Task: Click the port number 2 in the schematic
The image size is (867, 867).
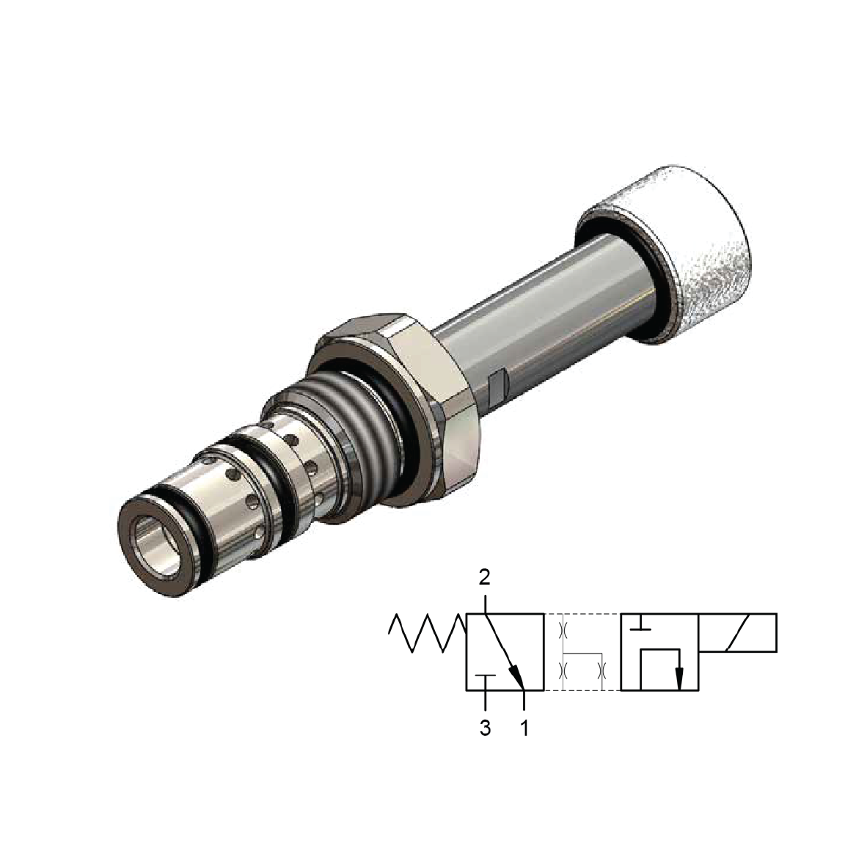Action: click(484, 577)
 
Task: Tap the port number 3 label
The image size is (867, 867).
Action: click(485, 729)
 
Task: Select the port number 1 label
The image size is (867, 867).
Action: click(524, 729)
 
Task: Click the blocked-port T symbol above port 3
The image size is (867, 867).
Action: click(485, 676)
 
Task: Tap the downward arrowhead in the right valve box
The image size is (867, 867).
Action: click(678, 679)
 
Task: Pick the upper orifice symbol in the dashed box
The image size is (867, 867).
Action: click(564, 629)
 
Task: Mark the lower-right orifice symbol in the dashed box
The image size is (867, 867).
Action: click(602, 670)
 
